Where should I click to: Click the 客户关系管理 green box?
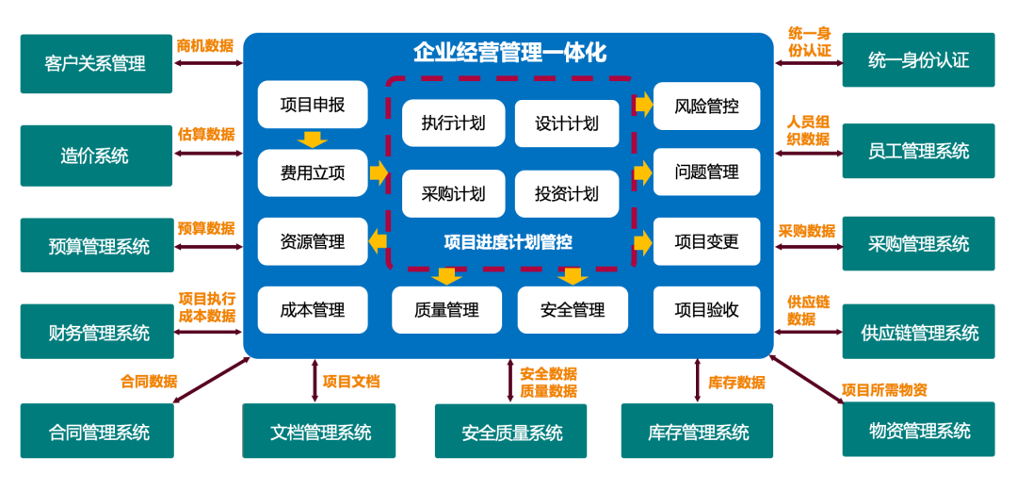[96, 63]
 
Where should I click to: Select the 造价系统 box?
[96, 155]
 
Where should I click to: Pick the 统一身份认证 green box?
[918, 60]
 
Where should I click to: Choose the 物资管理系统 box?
[918, 431]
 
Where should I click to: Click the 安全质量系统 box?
[511, 433]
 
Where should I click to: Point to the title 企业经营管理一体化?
[509, 53]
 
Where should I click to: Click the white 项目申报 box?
[313, 105]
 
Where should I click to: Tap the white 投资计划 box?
[567, 194]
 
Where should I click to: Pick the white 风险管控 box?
[707, 106]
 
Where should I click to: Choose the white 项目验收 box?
[707, 310]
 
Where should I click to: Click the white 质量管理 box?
[446, 310]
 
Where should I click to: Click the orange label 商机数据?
[205, 45]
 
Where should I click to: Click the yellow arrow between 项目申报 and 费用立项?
[312, 139]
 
